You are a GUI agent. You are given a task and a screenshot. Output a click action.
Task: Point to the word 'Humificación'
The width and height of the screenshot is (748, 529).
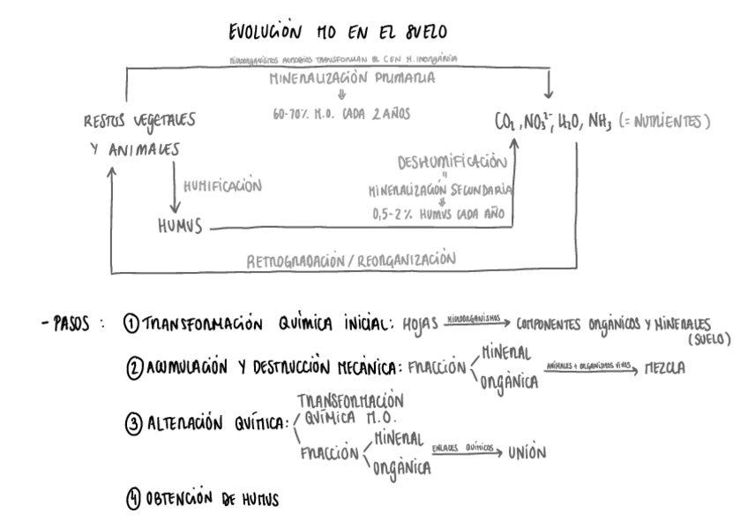tap(224, 185)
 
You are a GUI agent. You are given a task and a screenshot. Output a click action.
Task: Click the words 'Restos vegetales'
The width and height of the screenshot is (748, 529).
tap(134, 119)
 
